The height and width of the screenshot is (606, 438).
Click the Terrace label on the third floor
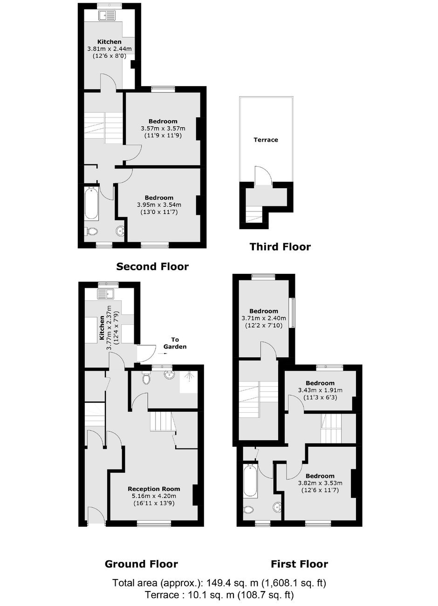click(266, 140)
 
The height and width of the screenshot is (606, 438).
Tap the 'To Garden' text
click(175, 343)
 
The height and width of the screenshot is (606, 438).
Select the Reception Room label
click(154, 489)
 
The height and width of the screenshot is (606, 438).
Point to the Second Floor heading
click(152, 267)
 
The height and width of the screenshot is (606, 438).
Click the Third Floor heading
click(280, 247)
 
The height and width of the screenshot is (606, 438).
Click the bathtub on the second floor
click(91, 203)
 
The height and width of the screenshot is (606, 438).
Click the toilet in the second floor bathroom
click(91, 232)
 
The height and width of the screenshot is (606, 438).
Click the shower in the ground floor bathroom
click(189, 383)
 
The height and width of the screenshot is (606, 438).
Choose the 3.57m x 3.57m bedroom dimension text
click(163, 128)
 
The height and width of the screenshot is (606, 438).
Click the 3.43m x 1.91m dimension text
click(320, 390)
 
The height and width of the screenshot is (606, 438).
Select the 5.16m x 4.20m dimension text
click(154, 496)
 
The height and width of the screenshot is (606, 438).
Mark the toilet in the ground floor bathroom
click(146, 379)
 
